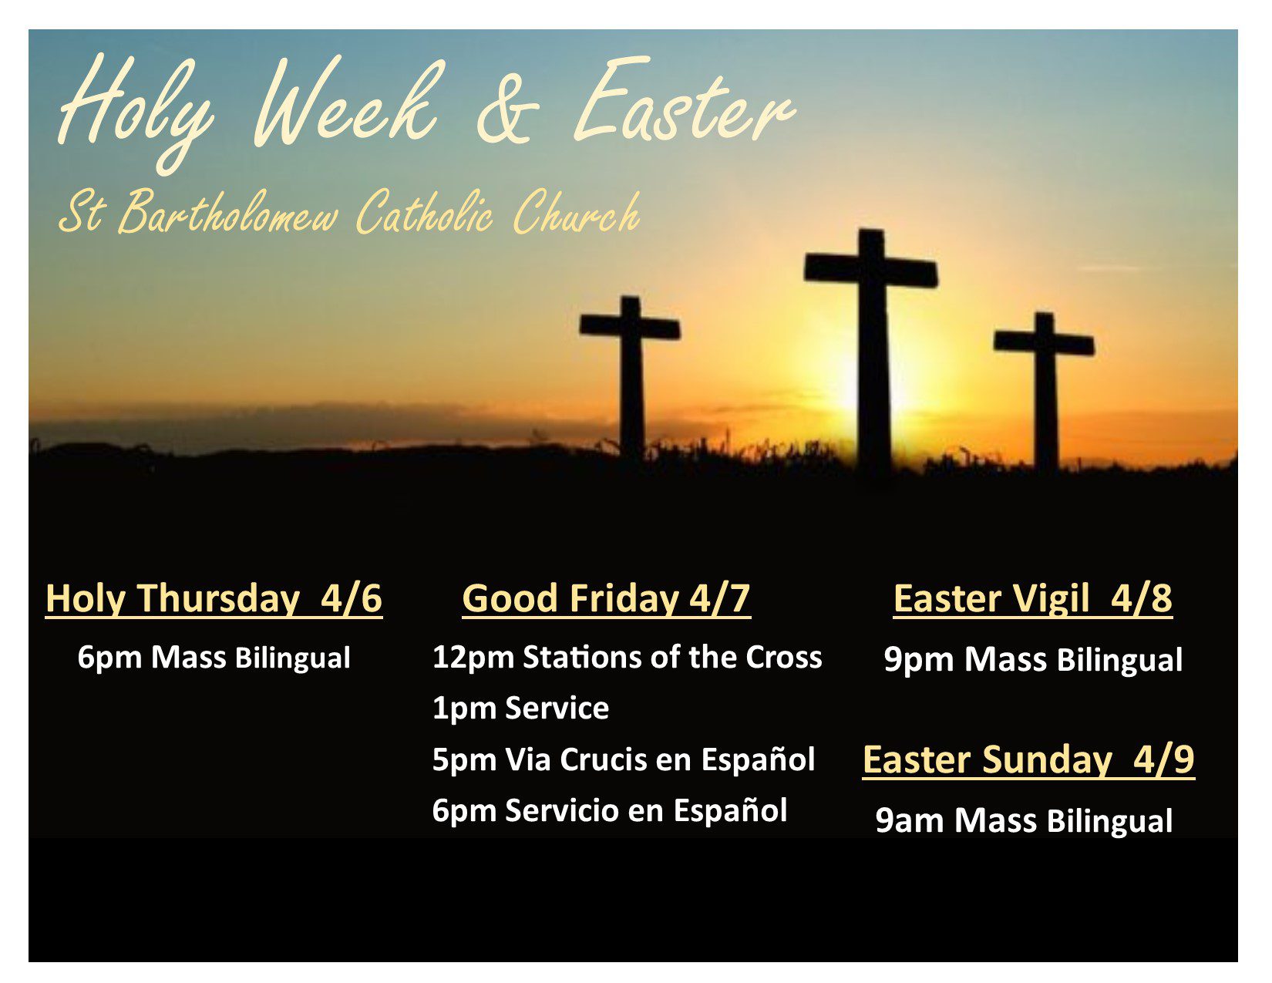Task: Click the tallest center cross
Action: point(872,352)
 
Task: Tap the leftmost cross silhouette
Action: point(631,375)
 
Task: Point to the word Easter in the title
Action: point(684,101)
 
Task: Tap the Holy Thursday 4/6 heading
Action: point(214,598)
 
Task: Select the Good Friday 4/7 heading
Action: point(607,598)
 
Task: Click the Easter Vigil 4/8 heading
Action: point(1033,598)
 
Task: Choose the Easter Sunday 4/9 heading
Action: point(1028,760)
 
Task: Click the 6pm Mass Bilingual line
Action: point(214,658)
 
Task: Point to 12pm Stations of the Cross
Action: point(627,657)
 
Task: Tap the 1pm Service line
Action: point(520,709)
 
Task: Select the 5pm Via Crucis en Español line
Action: point(624,760)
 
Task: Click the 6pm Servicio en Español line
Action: point(609,811)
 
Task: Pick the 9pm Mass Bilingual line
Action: point(1033,660)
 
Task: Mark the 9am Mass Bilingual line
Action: point(1024,821)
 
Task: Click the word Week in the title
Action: point(345,101)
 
